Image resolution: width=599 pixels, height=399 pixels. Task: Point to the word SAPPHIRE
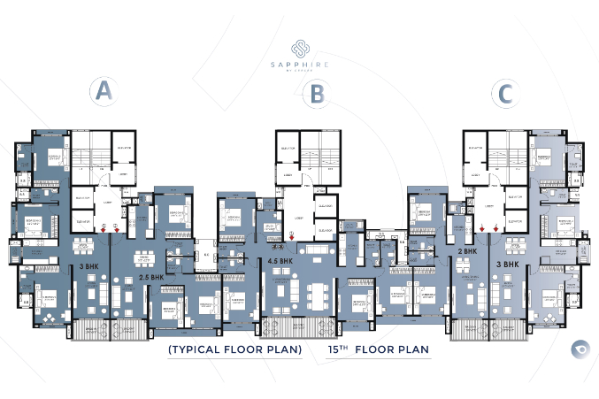tap(300, 65)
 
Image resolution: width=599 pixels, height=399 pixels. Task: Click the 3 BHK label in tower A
tap(89, 265)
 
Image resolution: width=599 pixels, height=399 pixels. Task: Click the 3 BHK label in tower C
tap(508, 264)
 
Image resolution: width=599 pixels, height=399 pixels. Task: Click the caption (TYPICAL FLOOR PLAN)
tap(234, 350)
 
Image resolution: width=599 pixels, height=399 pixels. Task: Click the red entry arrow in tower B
tap(293, 236)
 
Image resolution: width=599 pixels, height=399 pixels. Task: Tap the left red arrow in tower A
tap(104, 228)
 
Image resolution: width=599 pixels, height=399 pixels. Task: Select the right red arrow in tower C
tap(495, 228)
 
